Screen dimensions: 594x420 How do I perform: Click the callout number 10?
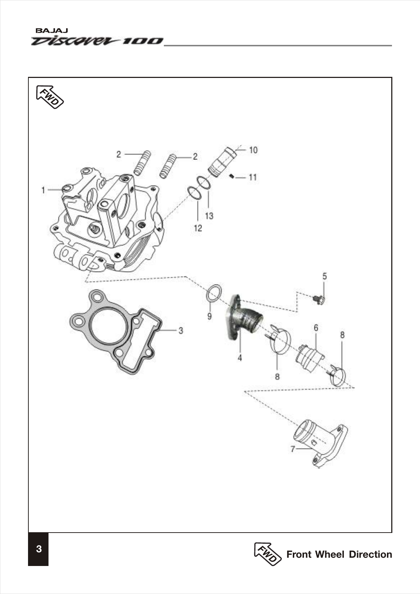253,150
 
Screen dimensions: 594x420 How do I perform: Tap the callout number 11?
253,177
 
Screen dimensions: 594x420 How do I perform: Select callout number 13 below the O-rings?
209,215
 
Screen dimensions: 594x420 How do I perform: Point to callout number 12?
198,228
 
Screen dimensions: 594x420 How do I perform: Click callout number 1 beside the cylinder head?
43,190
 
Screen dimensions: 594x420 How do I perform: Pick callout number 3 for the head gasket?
181,330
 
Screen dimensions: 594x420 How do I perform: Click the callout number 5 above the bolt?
324,276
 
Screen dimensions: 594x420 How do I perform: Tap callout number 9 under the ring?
209,316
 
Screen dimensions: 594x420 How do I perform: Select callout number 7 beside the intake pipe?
293,449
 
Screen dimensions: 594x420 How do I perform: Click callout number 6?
316,328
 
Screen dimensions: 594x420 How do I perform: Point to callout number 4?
240,358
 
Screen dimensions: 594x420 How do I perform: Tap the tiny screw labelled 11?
232,176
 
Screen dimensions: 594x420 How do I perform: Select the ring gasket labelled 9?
214,292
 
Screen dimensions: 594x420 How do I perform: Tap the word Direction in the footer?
370,554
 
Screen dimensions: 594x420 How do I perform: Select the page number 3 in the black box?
38,549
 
